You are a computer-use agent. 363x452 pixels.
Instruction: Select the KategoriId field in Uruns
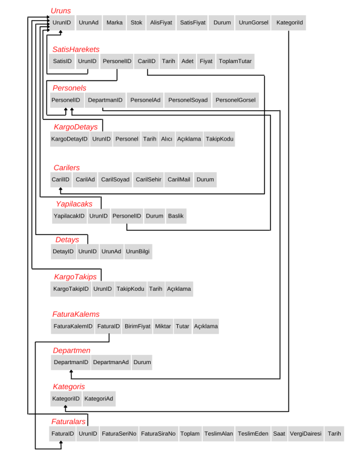coord(289,23)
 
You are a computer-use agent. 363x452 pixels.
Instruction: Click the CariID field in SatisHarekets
coord(146,61)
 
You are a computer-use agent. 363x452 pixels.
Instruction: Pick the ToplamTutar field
coord(235,61)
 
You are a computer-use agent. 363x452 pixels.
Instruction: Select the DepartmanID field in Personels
coord(105,100)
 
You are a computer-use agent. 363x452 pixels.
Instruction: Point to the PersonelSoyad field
coord(188,100)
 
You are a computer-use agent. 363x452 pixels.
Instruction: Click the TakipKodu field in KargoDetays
coord(219,139)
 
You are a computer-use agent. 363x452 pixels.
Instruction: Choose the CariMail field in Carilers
coord(178,180)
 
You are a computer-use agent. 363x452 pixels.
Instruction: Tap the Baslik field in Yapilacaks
coord(176,216)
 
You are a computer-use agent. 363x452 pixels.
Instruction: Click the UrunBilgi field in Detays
coord(138,251)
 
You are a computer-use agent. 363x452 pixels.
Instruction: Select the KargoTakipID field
coord(71,289)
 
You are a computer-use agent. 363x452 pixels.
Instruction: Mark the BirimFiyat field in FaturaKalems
coord(137,327)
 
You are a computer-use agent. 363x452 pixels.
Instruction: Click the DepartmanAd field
coord(111,362)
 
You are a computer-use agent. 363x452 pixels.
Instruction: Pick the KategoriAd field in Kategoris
coord(99,399)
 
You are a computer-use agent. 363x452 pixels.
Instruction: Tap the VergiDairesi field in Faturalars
coord(306,434)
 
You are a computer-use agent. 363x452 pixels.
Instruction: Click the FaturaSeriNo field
coord(118,434)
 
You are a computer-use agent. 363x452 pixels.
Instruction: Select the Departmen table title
coord(71,351)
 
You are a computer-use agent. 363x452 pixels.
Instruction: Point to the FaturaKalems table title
coord(76,314)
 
